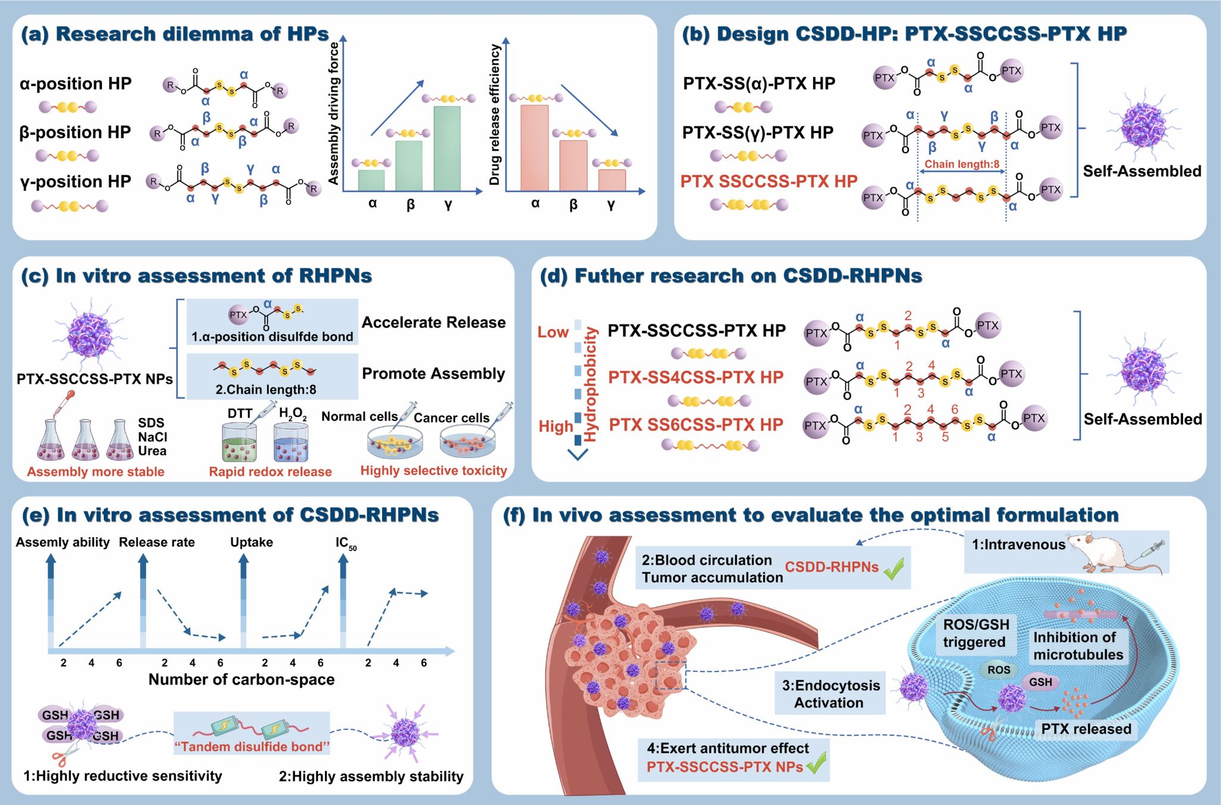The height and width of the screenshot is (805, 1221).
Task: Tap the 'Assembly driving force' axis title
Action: click(334, 113)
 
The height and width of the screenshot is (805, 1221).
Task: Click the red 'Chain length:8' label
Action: click(962, 164)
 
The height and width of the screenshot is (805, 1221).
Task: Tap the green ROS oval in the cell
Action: click(998, 670)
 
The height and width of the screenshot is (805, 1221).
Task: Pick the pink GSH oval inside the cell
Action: click(1040, 682)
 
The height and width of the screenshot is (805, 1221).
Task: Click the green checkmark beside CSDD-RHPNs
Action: click(894, 569)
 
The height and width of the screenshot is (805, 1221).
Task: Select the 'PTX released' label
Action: click(1086, 729)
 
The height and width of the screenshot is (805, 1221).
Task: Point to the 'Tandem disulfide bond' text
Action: click(252, 747)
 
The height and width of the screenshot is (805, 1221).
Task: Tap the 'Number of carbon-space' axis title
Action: click(241, 679)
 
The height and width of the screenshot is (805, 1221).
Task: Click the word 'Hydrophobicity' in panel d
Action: click(590, 385)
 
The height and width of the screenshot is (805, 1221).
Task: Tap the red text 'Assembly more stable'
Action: click(95, 472)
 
